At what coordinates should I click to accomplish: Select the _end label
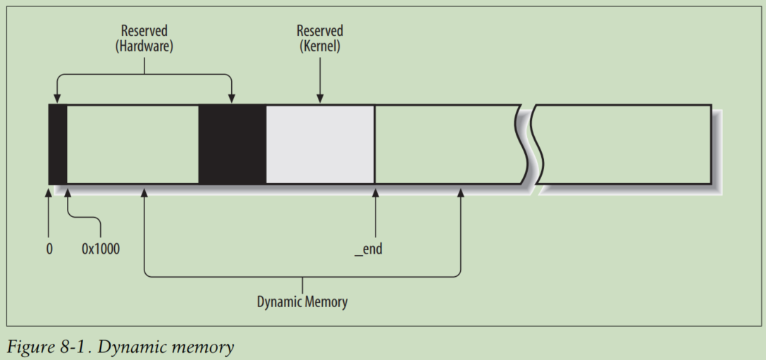click(369, 249)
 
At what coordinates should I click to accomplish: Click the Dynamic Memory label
click(302, 302)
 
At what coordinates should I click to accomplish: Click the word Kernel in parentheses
click(320, 47)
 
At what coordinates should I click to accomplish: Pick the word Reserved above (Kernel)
click(320, 31)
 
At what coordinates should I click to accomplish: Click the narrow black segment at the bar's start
click(58, 144)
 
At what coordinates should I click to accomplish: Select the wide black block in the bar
click(233, 144)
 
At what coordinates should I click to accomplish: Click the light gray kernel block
click(320, 144)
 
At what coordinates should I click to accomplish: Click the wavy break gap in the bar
click(530, 144)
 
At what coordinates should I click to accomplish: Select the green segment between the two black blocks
click(132, 144)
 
